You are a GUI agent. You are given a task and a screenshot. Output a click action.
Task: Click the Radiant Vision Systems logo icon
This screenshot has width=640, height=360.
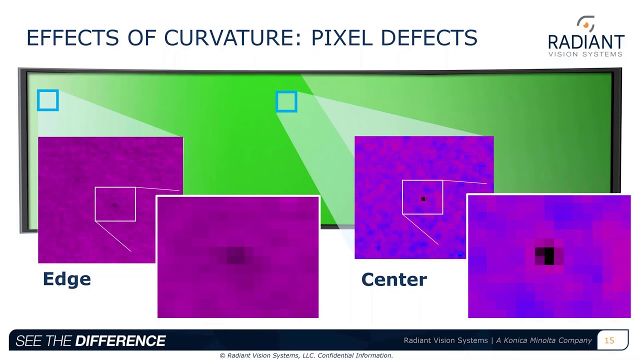point(586,24)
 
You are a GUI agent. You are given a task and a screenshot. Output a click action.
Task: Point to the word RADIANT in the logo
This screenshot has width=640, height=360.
point(586,42)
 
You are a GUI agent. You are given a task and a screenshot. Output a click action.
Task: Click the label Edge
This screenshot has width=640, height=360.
point(67,279)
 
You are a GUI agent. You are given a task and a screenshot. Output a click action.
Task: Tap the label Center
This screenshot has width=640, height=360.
point(394,279)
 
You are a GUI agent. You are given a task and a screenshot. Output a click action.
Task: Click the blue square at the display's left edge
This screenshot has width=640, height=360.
point(48,100)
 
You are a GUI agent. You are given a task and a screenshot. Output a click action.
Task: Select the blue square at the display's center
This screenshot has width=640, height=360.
point(286,101)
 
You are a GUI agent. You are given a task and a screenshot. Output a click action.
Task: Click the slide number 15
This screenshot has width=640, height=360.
point(609,340)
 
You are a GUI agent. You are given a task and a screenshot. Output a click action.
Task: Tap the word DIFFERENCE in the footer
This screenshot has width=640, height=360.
point(120,341)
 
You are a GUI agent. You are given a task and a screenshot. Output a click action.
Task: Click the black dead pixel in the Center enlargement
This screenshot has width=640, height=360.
point(549,255)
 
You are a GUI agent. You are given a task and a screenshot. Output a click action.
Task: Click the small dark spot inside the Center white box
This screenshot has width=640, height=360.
point(423,199)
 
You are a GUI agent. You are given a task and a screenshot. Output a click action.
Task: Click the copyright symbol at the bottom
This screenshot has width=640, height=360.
point(222,355)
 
